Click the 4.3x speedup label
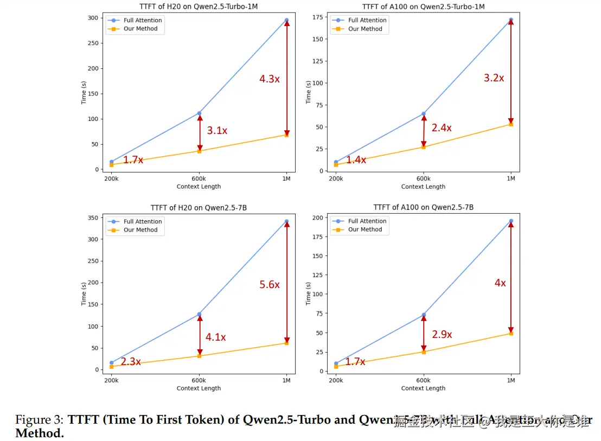pyautogui.click(x=269, y=79)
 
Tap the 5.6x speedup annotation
pyautogui.click(x=269, y=285)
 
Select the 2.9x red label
pyautogui.click(x=442, y=335)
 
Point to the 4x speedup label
pyautogui.click(x=500, y=283)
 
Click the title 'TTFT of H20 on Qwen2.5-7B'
pyautogui.click(x=199, y=208)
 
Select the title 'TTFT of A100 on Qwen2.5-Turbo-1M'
pyautogui.click(x=423, y=7)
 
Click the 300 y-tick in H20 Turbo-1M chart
pyautogui.click(x=93, y=18)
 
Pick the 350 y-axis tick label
pyautogui.click(x=93, y=218)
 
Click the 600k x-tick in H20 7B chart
pyautogui.click(x=199, y=380)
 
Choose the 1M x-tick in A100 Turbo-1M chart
pyautogui.click(x=511, y=178)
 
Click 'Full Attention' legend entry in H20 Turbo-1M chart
pyautogui.click(x=142, y=20)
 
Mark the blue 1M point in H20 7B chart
pyautogui.click(x=286, y=221)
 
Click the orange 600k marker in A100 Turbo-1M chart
pyautogui.click(x=424, y=147)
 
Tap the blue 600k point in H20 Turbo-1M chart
pyautogui.click(x=199, y=113)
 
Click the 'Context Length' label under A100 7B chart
pyautogui.click(x=423, y=388)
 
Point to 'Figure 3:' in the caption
pyautogui.click(x=40, y=420)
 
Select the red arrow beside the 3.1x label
pyautogui.click(x=200, y=132)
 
